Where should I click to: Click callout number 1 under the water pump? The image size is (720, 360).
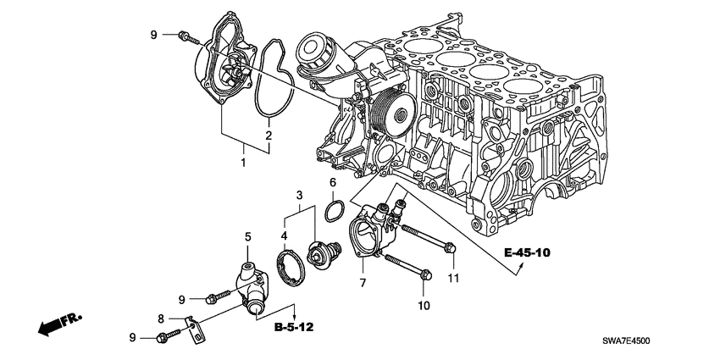[245, 160]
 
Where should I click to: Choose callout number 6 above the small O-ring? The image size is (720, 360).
[333, 182]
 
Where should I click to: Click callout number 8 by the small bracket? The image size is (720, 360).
[161, 318]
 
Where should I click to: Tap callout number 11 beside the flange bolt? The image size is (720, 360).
[452, 277]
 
